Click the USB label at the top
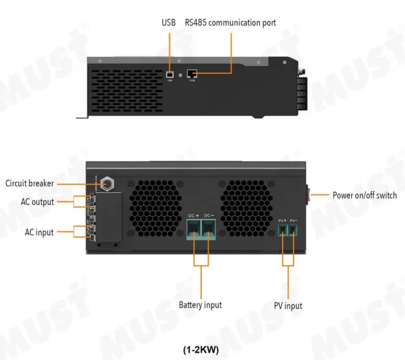(168, 23)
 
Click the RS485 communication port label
(230, 23)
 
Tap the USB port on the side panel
(170, 74)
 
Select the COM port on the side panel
(193, 74)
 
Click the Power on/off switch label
(364, 195)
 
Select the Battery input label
(200, 305)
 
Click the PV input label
(288, 306)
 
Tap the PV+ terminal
(282, 231)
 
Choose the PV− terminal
(294, 231)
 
